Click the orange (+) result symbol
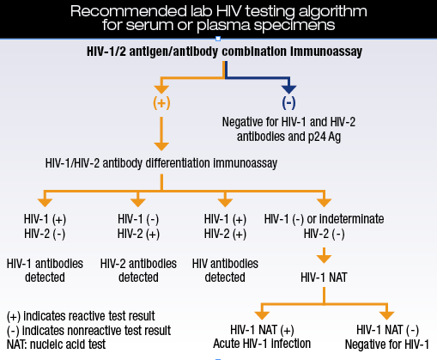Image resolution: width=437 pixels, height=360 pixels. tap(161, 102)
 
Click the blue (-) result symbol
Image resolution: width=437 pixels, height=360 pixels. tap(288, 102)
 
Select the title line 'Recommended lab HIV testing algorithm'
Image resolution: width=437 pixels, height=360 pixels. tap(217, 11)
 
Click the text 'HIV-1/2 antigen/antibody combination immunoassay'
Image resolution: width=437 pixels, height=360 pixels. tap(219, 52)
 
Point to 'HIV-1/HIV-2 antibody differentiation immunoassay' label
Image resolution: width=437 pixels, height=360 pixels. tap(161, 162)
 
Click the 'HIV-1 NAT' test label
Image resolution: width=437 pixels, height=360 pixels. tap(324, 278)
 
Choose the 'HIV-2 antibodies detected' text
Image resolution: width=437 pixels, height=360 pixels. tap(137, 270)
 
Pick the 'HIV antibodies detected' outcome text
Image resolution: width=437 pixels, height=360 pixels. tap(225, 270)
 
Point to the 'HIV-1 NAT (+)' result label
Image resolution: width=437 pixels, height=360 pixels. tap(264, 330)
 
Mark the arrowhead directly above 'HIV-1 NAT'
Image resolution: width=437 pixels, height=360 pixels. tap(324, 256)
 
